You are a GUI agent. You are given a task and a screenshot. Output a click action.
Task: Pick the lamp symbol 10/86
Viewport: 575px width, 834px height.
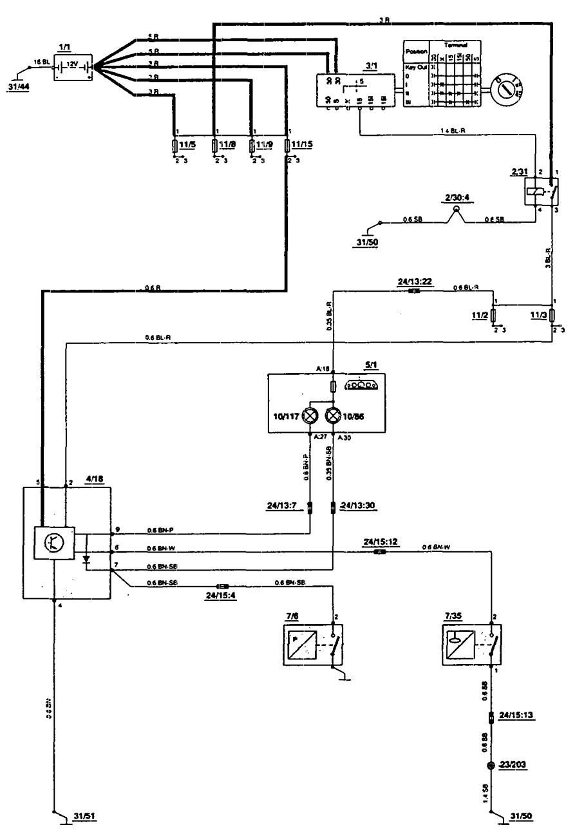(x=332, y=416)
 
